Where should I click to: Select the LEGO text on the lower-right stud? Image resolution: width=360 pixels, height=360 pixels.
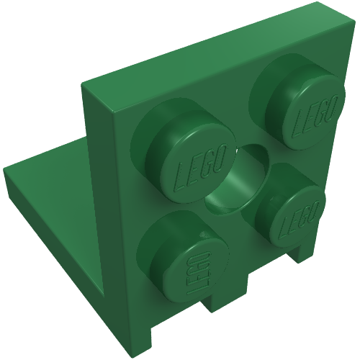pyautogui.click(x=300, y=219)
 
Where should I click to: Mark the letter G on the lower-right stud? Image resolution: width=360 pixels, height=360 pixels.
pyautogui.click(x=307, y=215)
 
